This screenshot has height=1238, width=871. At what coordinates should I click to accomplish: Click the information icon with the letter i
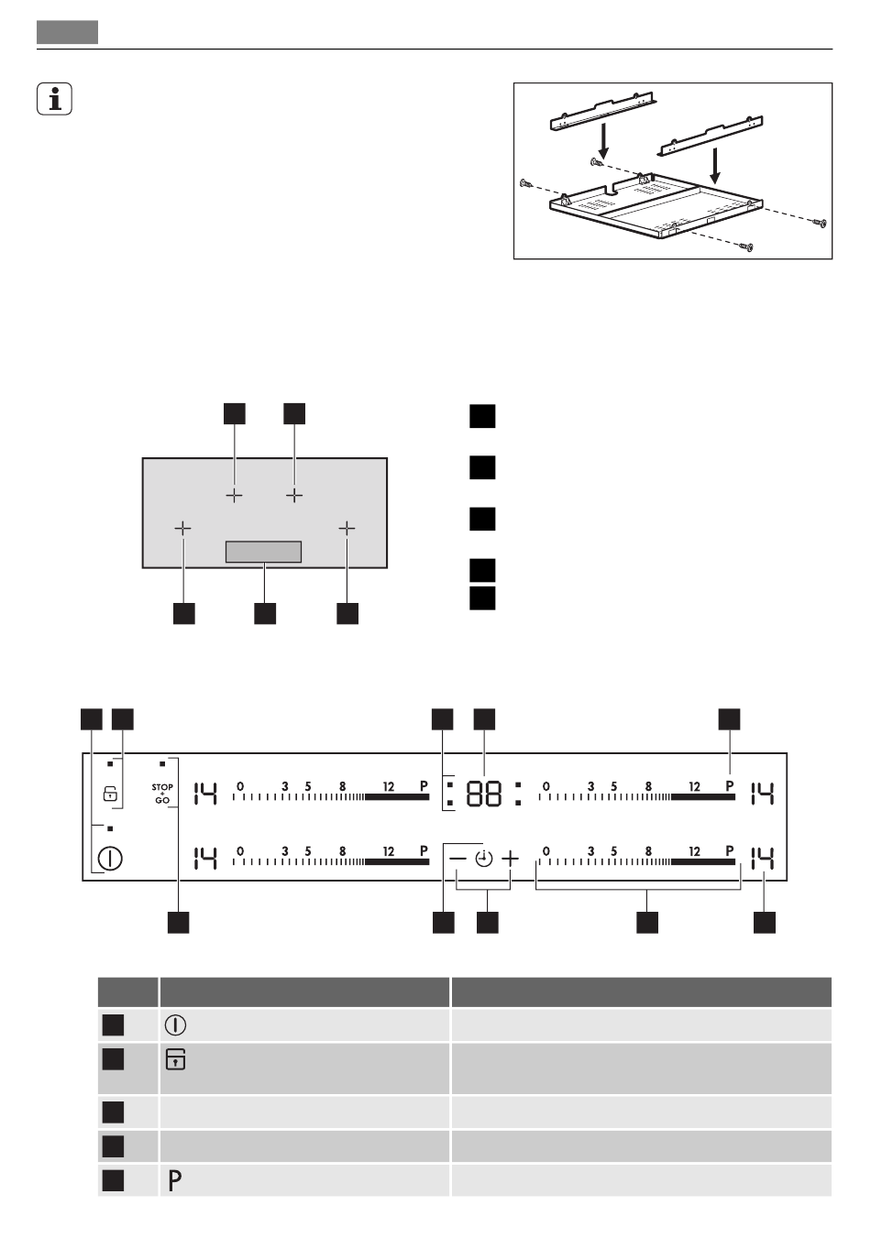click(x=55, y=99)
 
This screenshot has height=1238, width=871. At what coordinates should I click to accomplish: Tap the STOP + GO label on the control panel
click(x=162, y=794)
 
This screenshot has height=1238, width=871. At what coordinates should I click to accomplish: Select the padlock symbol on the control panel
click(x=110, y=794)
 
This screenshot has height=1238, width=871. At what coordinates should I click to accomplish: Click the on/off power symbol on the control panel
click(x=111, y=860)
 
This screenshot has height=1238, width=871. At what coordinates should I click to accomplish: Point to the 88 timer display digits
click(x=484, y=794)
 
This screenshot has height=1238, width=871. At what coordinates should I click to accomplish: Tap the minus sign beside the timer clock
click(x=457, y=859)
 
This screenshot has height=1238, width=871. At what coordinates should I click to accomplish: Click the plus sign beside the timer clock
click(x=510, y=859)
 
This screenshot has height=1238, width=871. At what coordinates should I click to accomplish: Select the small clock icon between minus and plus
click(x=483, y=859)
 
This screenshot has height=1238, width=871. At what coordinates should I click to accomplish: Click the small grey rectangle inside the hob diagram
click(x=263, y=552)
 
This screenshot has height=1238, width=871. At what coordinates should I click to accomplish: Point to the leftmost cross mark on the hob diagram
click(x=183, y=529)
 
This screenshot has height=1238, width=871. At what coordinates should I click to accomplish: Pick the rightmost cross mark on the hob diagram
click(x=347, y=529)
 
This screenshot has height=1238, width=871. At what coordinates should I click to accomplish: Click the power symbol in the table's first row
click(x=174, y=1025)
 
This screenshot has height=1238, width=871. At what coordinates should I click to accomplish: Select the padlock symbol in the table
click(x=174, y=1060)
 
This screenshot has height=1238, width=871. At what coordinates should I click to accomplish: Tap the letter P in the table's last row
click(x=174, y=1181)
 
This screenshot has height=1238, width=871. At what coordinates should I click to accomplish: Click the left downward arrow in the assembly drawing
click(x=601, y=140)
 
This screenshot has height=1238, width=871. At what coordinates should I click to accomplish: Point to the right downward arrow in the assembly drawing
click(x=715, y=166)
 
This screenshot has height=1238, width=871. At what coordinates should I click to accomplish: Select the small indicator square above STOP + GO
click(x=162, y=762)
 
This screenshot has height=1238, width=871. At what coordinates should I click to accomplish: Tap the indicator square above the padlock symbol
click(x=110, y=762)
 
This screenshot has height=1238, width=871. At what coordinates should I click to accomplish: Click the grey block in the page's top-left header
click(x=67, y=32)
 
